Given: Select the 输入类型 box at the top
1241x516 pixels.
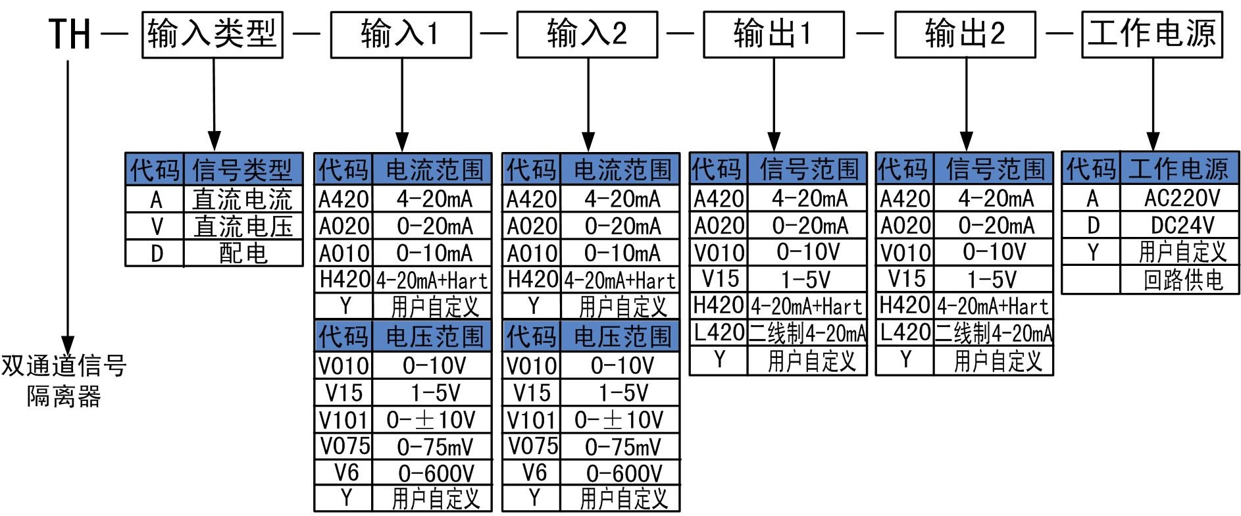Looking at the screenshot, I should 213,34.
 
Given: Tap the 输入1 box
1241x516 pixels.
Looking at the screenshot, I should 400,34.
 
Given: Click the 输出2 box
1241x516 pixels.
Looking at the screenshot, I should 965,34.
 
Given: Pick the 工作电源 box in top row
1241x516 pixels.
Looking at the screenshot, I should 1152,34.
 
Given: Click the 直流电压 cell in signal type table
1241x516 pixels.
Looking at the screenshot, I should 243,226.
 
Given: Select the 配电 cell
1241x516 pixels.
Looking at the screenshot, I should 243,253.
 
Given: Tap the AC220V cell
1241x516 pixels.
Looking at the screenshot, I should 1182,198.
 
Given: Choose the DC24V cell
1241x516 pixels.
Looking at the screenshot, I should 1182,225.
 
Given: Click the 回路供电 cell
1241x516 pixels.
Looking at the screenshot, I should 1182,280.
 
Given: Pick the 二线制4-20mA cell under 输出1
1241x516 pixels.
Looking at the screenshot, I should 807,333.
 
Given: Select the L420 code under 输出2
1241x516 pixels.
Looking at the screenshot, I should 905,333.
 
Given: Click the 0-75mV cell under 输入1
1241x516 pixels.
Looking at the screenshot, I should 434,447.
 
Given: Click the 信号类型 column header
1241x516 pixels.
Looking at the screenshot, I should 243,170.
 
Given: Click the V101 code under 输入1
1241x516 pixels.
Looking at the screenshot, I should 343,420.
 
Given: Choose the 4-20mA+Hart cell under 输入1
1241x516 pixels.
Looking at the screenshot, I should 432,280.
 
